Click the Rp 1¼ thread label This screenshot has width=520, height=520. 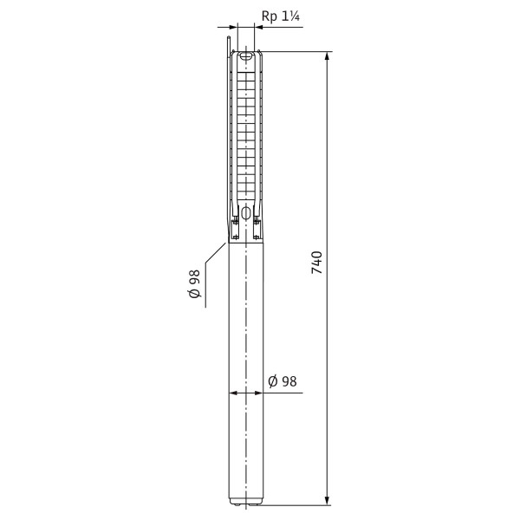pos(281,16)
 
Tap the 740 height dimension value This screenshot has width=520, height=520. pos(317,263)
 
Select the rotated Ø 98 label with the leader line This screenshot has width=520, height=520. pos(195,283)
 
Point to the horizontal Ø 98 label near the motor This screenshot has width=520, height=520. pos(283,381)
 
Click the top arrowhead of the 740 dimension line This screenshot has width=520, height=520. pos(328,56)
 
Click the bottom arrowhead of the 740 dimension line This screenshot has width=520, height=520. pos(328,501)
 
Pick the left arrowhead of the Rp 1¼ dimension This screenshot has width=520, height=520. pos(234,27)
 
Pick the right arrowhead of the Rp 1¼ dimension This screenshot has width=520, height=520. pos(258,27)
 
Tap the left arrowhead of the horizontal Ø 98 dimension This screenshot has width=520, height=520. pos(233,393)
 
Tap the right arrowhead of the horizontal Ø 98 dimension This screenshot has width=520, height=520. pos(259,393)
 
